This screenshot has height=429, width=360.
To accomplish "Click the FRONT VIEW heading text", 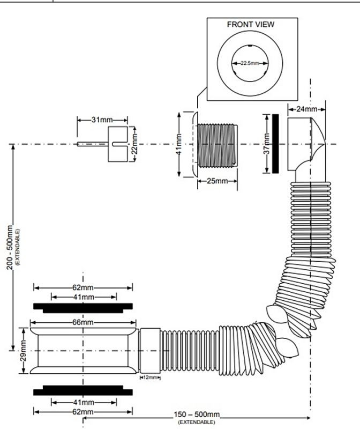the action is pyautogui.click(x=250, y=24).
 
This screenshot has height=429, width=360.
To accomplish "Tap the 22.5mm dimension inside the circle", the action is pyautogui.click(x=250, y=63).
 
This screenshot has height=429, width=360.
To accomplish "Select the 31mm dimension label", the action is pyautogui.click(x=102, y=120).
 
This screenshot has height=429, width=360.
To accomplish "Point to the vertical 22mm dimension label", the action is pyautogui.click(x=134, y=144).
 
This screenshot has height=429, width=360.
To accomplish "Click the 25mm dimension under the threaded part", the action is pyautogui.click(x=217, y=181).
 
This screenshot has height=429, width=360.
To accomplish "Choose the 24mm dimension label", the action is pyautogui.click(x=307, y=109).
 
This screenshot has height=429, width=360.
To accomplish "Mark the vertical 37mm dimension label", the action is pyautogui.click(x=267, y=144).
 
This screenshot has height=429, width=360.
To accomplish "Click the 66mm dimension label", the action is pyautogui.click(x=83, y=322).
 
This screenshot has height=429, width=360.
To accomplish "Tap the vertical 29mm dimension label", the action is pyautogui.click(x=24, y=351).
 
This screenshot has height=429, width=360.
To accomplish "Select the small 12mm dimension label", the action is pyautogui.click(x=150, y=378).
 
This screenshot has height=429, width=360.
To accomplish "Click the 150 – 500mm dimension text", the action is pyautogui.click(x=197, y=415).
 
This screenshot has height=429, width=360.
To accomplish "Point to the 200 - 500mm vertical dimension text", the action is pyautogui.click(x=10, y=247).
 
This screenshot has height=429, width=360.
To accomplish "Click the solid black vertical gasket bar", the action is pyautogui.click(x=275, y=144).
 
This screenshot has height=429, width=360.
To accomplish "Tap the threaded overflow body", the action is pyautogui.click(x=217, y=145).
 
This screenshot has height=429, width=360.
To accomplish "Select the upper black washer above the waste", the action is pyautogui.click(x=83, y=308).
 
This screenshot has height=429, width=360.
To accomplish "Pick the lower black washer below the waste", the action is pyautogui.click(x=83, y=390).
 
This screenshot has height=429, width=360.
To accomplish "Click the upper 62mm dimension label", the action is pyautogui.click(x=83, y=287).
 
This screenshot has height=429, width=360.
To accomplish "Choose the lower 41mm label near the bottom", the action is pyautogui.click(x=84, y=402).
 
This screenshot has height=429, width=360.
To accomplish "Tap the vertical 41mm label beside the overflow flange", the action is pyautogui.click(x=179, y=144).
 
